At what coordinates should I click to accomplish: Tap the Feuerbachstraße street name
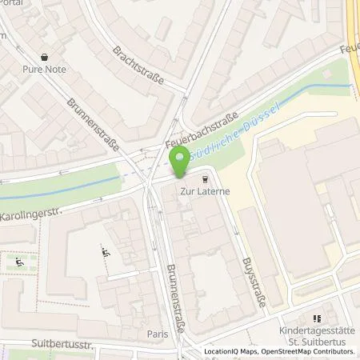[x=202, y=130]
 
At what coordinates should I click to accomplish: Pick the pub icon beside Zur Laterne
[x=206, y=180]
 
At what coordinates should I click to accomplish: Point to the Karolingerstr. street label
[x=30, y=214]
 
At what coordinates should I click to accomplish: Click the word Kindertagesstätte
[x=317, y=331]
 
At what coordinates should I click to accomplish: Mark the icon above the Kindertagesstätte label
[x=317, y=318]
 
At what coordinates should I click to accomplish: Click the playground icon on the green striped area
[x=19, y=260]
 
